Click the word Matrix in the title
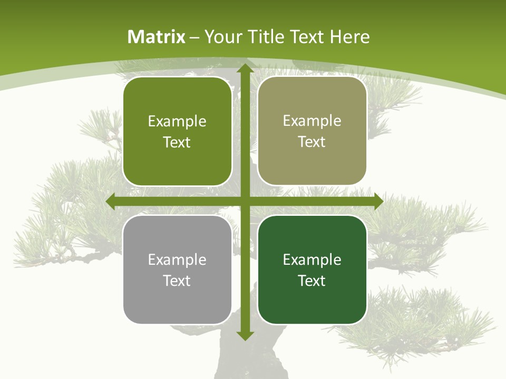click(157, 37)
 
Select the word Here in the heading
click(349, 37)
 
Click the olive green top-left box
click(177, 132)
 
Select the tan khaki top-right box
click(312, 131)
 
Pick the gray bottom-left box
click(177, 270)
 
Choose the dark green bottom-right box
click(312, 270)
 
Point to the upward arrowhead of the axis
click(245, 68)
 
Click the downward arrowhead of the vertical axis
click(245, 335)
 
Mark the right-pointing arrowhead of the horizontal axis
click(378, 202)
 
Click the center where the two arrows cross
click(245, 202)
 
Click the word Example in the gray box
click(177, 260)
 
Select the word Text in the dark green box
click(312, 281)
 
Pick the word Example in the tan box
click(312, 121)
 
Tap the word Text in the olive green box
click(177, 142)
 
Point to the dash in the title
click(194, 37)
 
